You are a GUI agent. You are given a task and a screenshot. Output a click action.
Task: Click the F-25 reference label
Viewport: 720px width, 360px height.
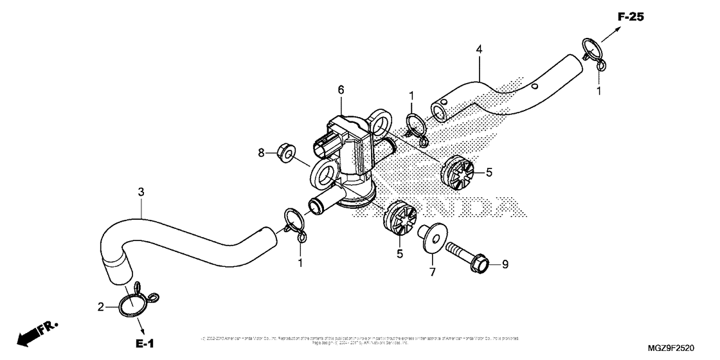(x=631, y=17)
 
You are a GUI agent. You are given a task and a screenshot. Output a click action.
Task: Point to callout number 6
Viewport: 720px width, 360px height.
(x=341, y=89)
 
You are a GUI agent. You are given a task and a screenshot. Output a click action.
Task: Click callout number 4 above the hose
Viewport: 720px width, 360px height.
(x=478, y=49)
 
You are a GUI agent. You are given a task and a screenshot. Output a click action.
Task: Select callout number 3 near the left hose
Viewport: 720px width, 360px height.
(x=140, y=192)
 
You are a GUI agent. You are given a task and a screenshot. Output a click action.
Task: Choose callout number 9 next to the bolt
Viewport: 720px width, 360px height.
(x=505, y=264)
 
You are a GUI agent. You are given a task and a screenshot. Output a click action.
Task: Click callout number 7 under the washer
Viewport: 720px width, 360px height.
(x=432, y=272)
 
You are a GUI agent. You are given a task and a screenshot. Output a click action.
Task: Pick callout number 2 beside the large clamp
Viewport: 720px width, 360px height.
(x=101, y=308)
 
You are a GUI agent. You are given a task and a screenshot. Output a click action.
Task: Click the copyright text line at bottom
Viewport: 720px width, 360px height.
(x=360, y=340)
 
